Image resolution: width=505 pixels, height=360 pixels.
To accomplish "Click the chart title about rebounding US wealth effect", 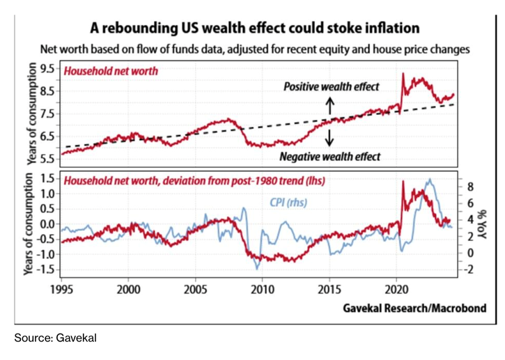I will pyautogui.click(x=255, y=29).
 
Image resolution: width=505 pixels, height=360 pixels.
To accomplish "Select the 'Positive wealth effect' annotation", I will pyautogui.click(x=331, y=86).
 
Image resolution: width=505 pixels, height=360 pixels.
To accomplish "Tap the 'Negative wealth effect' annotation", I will pyautogui.click(x=330, y=157).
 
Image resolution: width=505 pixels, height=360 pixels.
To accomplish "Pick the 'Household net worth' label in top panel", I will pyautogui.click(x=111, y=70).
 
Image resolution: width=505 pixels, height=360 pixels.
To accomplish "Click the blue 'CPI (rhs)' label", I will pyautogui.click(x=288, y=203).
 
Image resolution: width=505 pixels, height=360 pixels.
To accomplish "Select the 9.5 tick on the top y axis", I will pyautogui.click(x=47, y=68).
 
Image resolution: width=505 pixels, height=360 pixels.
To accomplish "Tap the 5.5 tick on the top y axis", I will pyautogui.click(x=47, y=158).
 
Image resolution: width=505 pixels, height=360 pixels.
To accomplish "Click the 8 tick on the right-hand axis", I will pyautogui.click(x=470, y=187).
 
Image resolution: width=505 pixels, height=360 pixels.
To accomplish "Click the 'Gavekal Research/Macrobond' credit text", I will pyautogui.click(x=414, y=307).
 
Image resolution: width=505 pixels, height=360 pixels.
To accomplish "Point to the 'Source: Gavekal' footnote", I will pyautogui.click(x=54, y=338).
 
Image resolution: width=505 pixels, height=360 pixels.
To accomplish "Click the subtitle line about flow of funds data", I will pyautogui.click(x=255, y=49).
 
